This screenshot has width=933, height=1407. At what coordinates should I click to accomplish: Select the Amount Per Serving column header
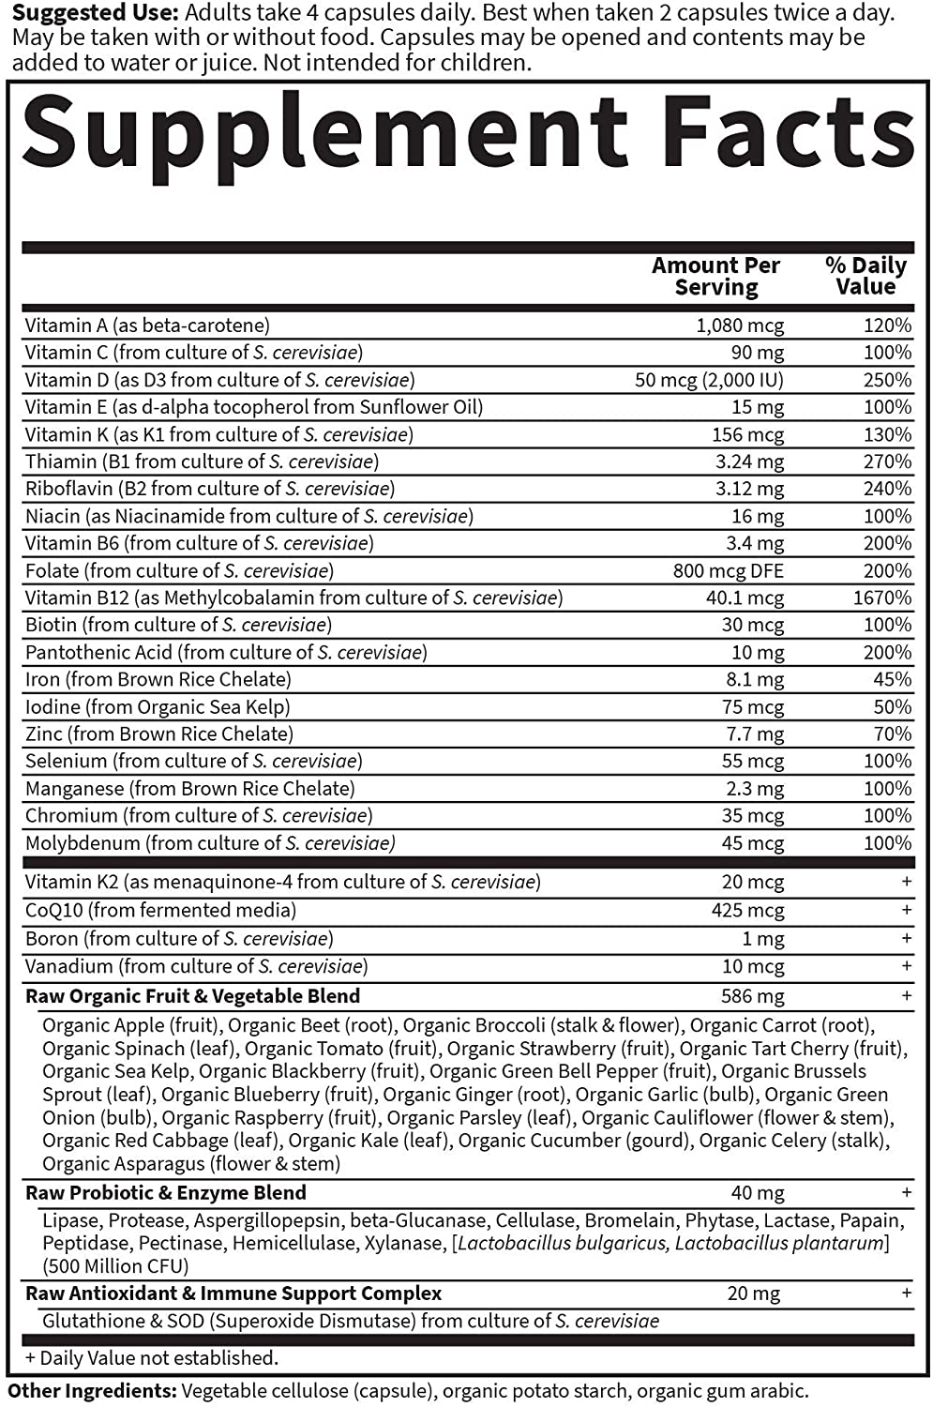click(x=716, y=277)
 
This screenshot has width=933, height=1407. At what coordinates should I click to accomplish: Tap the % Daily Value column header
click(x=865, y=277)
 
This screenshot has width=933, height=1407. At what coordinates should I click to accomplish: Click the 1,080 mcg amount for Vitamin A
click(x=740, y=325)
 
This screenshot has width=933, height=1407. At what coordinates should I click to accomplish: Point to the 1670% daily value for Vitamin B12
click(x=882, y=598)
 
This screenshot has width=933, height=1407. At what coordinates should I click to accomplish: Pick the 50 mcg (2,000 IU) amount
click(x=709, y=380)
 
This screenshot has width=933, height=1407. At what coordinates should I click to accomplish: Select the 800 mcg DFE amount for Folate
click(x=728, y=570)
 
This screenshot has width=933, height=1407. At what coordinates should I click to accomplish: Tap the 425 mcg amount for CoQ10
click(x=747, y=910)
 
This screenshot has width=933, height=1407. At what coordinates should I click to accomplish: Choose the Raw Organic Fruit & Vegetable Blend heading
click(x=192, y=996)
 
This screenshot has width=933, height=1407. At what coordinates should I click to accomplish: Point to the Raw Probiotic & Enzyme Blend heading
click(x=166, y=1193)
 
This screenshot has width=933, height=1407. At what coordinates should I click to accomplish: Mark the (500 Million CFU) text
click(x=115, y=1266)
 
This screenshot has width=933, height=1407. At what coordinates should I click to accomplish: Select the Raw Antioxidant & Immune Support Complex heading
click(x=233, y=1294)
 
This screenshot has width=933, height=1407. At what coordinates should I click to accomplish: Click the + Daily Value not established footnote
click(x=151, y=1358)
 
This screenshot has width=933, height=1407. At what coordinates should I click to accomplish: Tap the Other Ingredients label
click(x=92, y=1391)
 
